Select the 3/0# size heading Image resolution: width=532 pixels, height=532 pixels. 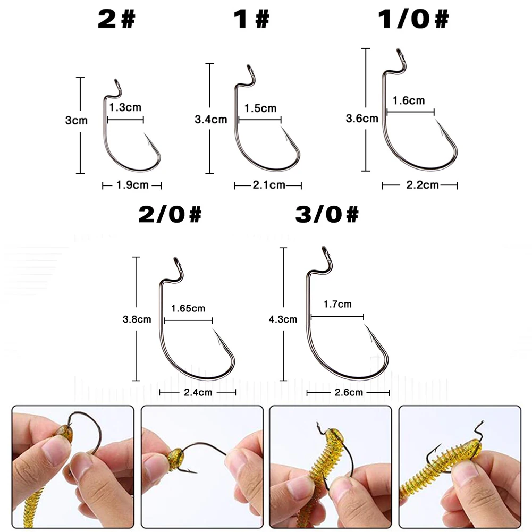[326, 215]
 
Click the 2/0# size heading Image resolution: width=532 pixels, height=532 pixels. [170, 215]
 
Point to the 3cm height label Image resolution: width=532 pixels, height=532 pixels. [76, 121]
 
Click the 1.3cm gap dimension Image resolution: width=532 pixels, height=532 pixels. [125, 107]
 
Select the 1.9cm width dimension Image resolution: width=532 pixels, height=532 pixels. [132, 185]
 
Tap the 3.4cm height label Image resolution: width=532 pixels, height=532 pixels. [211, 120]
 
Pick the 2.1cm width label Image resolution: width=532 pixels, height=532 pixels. [268, 185]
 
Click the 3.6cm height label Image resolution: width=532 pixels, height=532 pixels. [362, 118]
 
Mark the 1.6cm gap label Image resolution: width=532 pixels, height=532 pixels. [409, 100]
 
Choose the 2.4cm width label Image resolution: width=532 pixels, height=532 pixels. [197, 392]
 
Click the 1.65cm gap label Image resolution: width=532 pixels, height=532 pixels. [188, 308]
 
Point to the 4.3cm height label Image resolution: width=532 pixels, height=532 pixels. [283, 319]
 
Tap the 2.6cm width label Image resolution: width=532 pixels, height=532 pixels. [348, 392]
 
